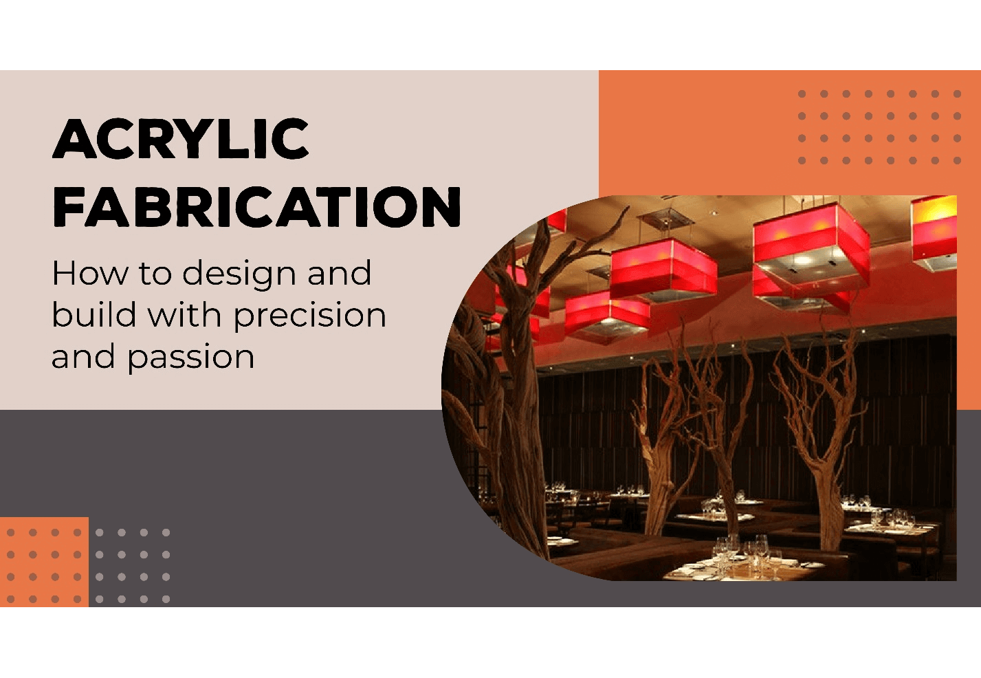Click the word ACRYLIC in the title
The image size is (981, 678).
(181, 138)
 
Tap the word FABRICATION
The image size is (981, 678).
(256, 207)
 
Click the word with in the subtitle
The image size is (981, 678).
(184, 314)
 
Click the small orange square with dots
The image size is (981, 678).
(44, 562)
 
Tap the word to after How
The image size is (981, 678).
(155, 274)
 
